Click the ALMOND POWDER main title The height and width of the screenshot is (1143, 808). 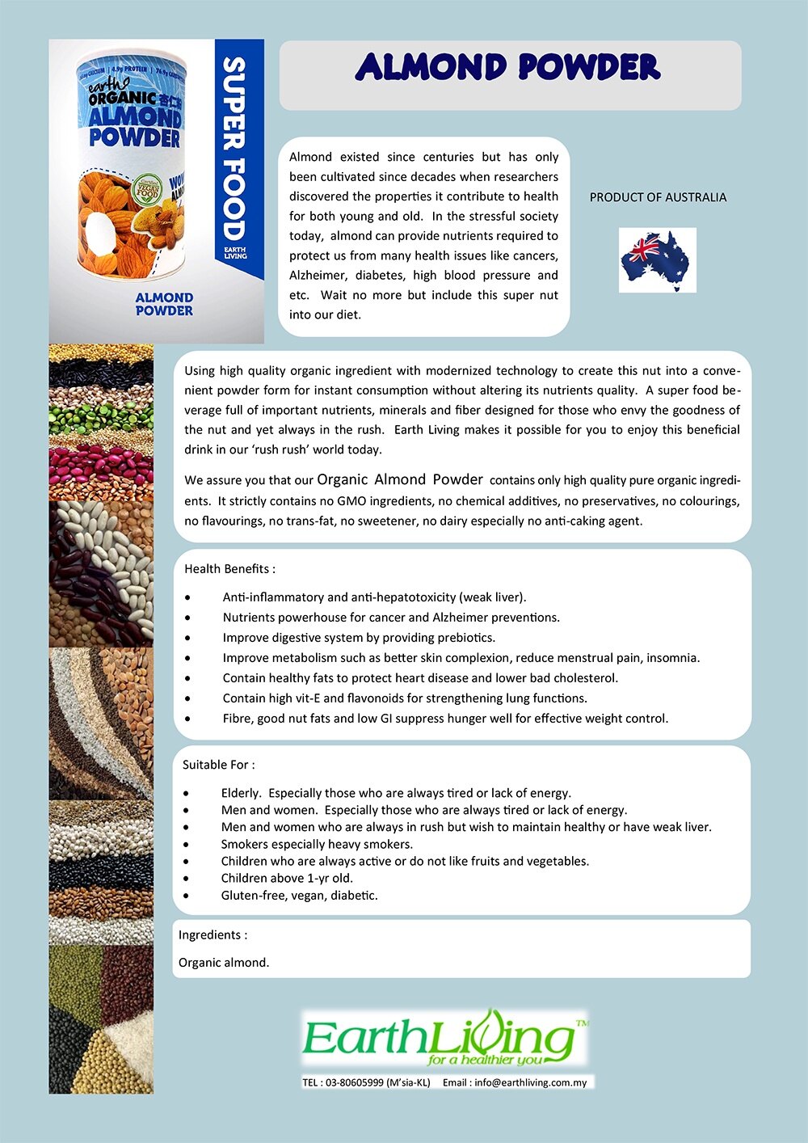point(508,68)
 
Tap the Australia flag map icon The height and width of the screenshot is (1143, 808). point(656,260)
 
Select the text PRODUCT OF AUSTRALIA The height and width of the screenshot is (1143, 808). point(658,197)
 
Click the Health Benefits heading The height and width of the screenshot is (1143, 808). point(229,569)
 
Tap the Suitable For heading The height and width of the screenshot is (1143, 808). point(218,765)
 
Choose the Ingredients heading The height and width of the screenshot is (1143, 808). point(213,935)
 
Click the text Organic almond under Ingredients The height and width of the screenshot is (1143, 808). point(224,963)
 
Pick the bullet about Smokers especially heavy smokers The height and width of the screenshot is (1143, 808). point(317,844)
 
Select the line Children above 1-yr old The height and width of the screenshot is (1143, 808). point(287,878)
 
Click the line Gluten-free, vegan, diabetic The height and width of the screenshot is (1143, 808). point(299,896)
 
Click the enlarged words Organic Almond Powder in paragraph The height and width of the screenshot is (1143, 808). point(400,479)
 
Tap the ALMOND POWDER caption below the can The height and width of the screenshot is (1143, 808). point(164,304)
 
